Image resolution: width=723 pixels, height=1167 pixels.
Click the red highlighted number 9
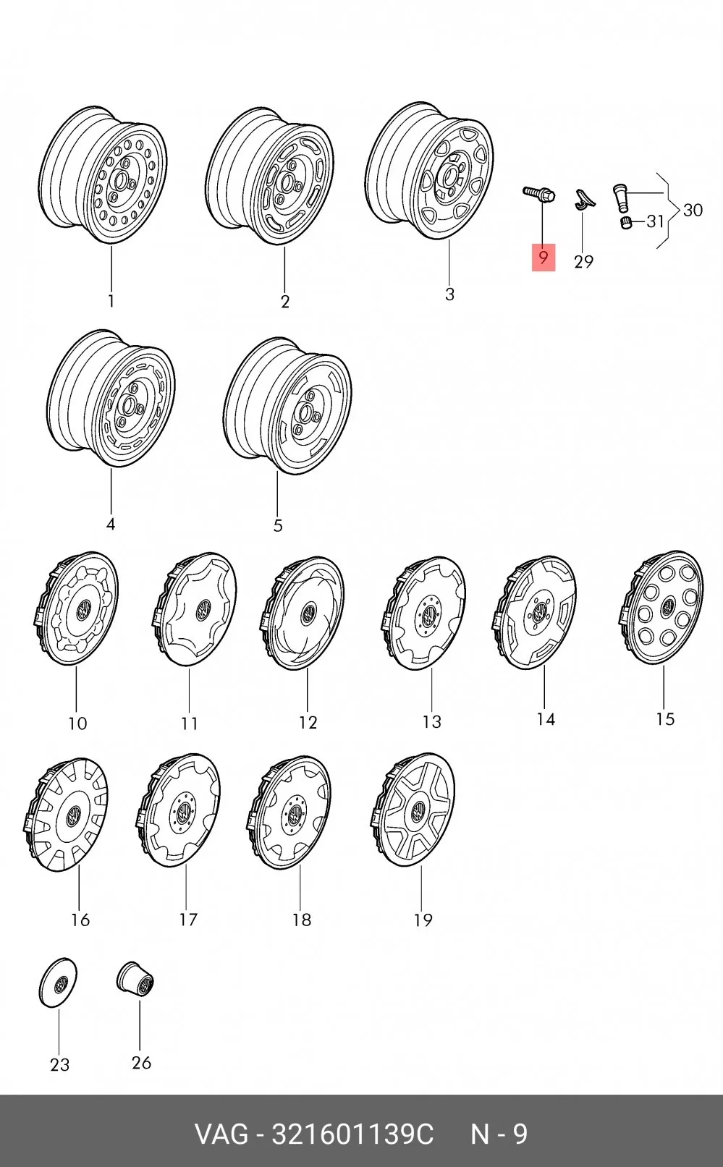tap(544, 258)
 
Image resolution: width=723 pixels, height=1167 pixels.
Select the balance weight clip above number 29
tap(583, 198)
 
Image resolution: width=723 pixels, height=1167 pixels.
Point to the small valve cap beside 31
tap(625, 223)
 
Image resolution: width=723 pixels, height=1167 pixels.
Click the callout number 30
tap(693, 211)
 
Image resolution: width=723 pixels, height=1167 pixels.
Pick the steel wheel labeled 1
tap(103, 175)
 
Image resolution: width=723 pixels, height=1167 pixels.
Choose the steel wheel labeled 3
tap(429, 171)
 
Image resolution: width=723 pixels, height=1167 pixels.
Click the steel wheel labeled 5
tap(287, 406)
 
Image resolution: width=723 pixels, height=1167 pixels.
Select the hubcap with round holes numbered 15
tap(661, 607)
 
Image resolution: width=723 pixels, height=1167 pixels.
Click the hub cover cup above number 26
tap(135, 980)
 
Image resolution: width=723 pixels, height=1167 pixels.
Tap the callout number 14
tap(546, 719)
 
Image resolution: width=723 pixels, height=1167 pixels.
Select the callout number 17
tap(188, 920)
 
